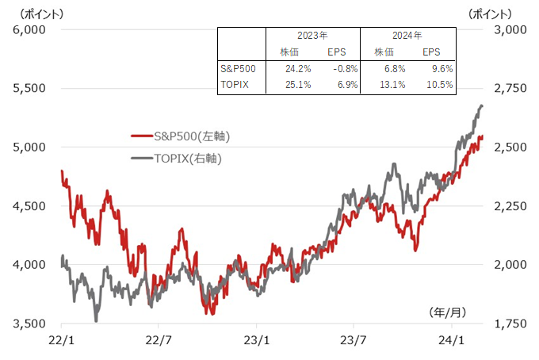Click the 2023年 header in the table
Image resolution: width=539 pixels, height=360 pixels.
312,36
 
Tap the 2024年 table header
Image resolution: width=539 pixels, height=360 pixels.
407,36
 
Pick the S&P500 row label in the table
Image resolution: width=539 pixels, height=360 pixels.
239,69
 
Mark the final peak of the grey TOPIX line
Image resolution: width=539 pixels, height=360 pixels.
481,105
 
